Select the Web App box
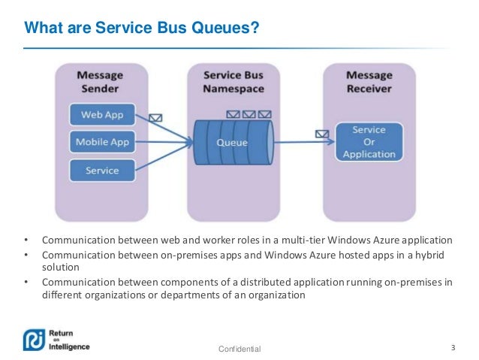pyautogui.click(x=102, y=115)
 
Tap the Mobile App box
pyautogui.click(x=102, y=142)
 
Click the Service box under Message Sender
pyautogui.click(x=102, y=170)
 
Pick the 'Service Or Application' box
pyautogui.click(x=369, y=142)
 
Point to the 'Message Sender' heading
pyautogui.click(x=103, y=83)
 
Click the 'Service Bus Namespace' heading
pyautogui.click(x=232, y=83)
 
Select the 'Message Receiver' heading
pyautogui.click(x=369, y=83)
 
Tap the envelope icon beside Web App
pyautogui.click(x=156, y=118)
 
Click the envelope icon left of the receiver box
pyautogui.click(x=322, y=134)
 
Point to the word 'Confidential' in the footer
pyautogui.click(x=239, y=349)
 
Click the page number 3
pyautogui.click(x=453, y=347)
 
